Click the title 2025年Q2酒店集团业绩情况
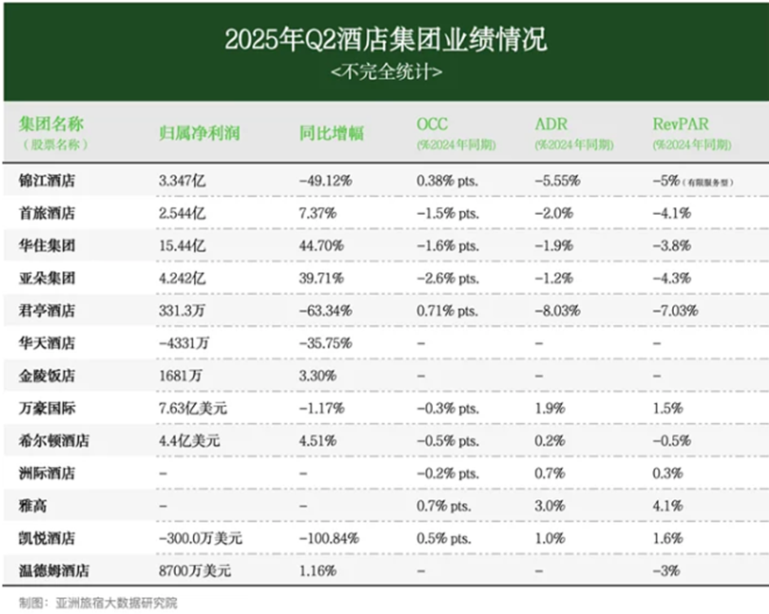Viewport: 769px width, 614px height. coord(385,40)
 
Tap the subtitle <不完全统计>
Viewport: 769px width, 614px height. coord(385,73)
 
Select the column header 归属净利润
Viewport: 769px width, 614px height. coord(199,133)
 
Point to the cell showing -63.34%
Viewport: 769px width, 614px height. coord(325,311)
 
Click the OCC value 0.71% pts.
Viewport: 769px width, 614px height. coord(448,311)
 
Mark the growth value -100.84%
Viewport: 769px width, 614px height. coord(328,538)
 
